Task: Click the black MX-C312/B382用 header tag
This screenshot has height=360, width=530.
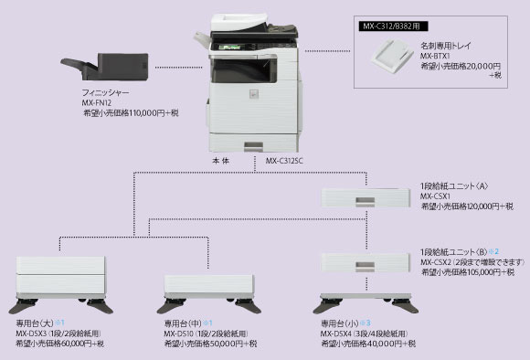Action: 391,26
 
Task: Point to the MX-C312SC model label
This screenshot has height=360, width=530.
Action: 285,161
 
